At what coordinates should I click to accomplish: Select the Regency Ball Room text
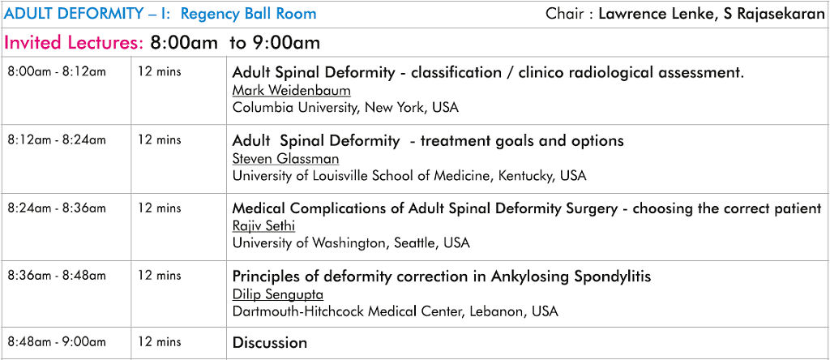click(248, 14)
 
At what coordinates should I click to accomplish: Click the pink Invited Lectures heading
click(74, 42)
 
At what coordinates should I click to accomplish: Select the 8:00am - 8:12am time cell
click(57, 71)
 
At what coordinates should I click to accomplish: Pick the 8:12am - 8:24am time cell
click(57, 139)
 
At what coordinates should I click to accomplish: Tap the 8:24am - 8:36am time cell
click(57, 208)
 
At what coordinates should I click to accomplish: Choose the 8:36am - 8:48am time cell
click(57, 276)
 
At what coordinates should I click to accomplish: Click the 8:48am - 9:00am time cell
click(57, 342)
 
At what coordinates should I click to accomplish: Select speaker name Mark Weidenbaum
click(291, 91)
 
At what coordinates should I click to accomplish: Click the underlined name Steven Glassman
click(286, 159)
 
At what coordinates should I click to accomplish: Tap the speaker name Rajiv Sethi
click(263, 226)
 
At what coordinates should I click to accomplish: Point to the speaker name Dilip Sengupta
click(278, 294)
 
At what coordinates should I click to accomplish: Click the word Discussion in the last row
click(270, 342)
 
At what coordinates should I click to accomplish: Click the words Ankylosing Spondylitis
click(571, 276)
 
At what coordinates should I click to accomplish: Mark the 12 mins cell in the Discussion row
click(160, 342)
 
